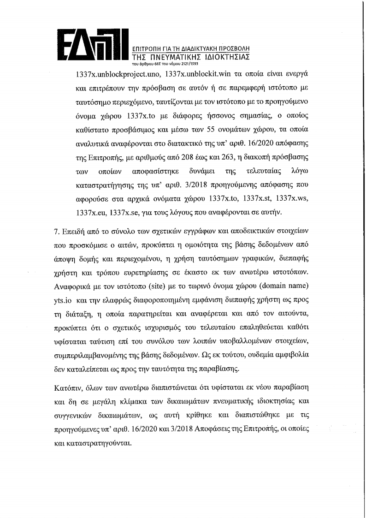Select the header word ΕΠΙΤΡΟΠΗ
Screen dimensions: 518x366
pos(147,48)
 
